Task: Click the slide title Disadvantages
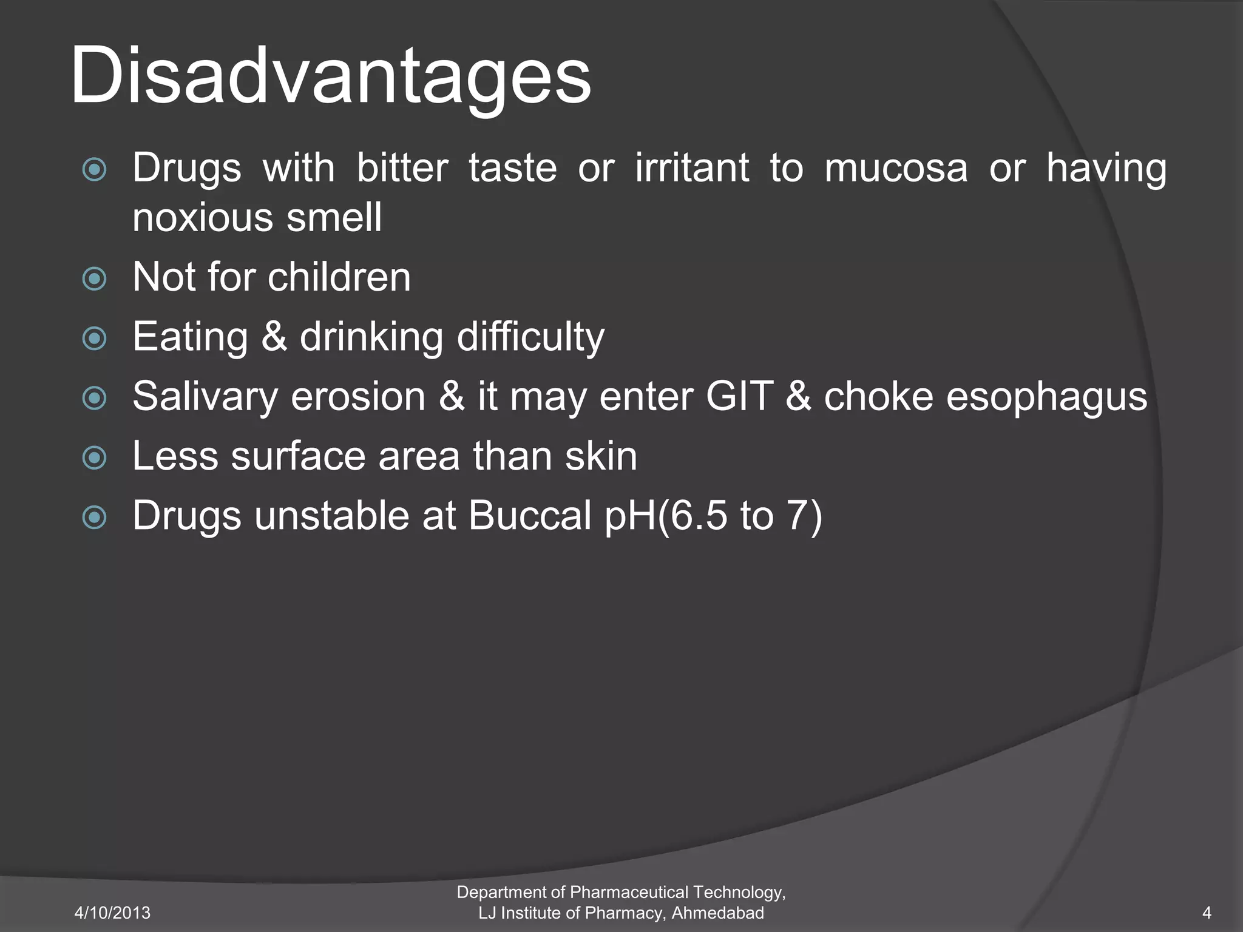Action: tap(331, 76)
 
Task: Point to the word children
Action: tap(339, 277)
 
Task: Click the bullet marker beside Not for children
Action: tap(95, 279)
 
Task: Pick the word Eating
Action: tap(190, 337)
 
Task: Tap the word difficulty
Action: tap(530, 337)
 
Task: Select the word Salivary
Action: tap(205, 396)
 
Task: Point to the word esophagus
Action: tap(1046, 397)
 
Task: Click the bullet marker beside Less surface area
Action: tap(95, 458)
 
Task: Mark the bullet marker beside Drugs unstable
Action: tap(95, 518)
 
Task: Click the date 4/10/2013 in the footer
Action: tap(112, 913)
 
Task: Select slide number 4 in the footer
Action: tap(1207, 913)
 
